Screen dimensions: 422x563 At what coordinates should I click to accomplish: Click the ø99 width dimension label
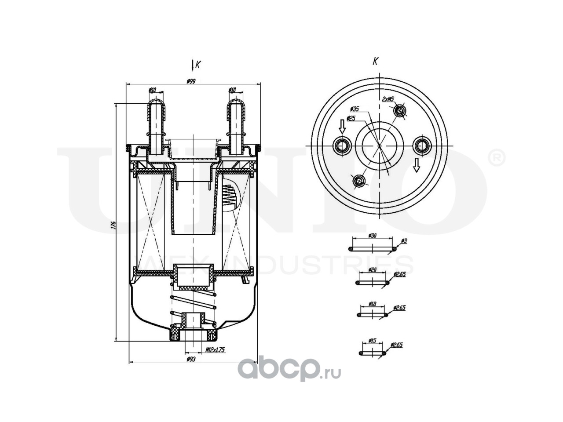coord(191,81)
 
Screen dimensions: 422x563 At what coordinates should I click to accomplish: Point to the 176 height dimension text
coord(113,225)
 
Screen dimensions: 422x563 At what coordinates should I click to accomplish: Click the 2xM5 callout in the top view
coord(388,99)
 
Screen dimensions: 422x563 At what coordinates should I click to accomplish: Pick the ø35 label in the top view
coord(355,109)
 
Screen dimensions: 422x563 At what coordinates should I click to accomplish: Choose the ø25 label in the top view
coord(351,118)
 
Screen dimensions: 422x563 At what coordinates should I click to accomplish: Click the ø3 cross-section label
coord(404,241)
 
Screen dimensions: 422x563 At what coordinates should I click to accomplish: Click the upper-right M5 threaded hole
coord(399,111)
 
